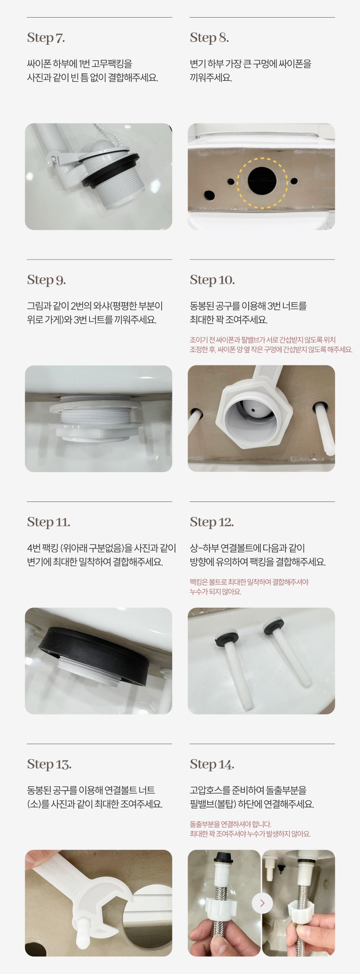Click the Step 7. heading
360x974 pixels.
tap(46, 38)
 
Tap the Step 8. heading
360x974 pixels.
tap(209, 38)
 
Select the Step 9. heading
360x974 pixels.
tap(46, 280)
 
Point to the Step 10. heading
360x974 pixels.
tap(212, 280)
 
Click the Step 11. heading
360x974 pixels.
tap(49, 522)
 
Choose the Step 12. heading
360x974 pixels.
tap(212, 522)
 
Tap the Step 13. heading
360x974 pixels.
tap(49, 764)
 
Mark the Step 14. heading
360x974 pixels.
tap(212, 764)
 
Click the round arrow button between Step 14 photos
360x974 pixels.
tap(262, 903)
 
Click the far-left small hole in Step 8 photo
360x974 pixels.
tap(208, 195)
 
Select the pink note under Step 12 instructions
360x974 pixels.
tap(249, 587)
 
